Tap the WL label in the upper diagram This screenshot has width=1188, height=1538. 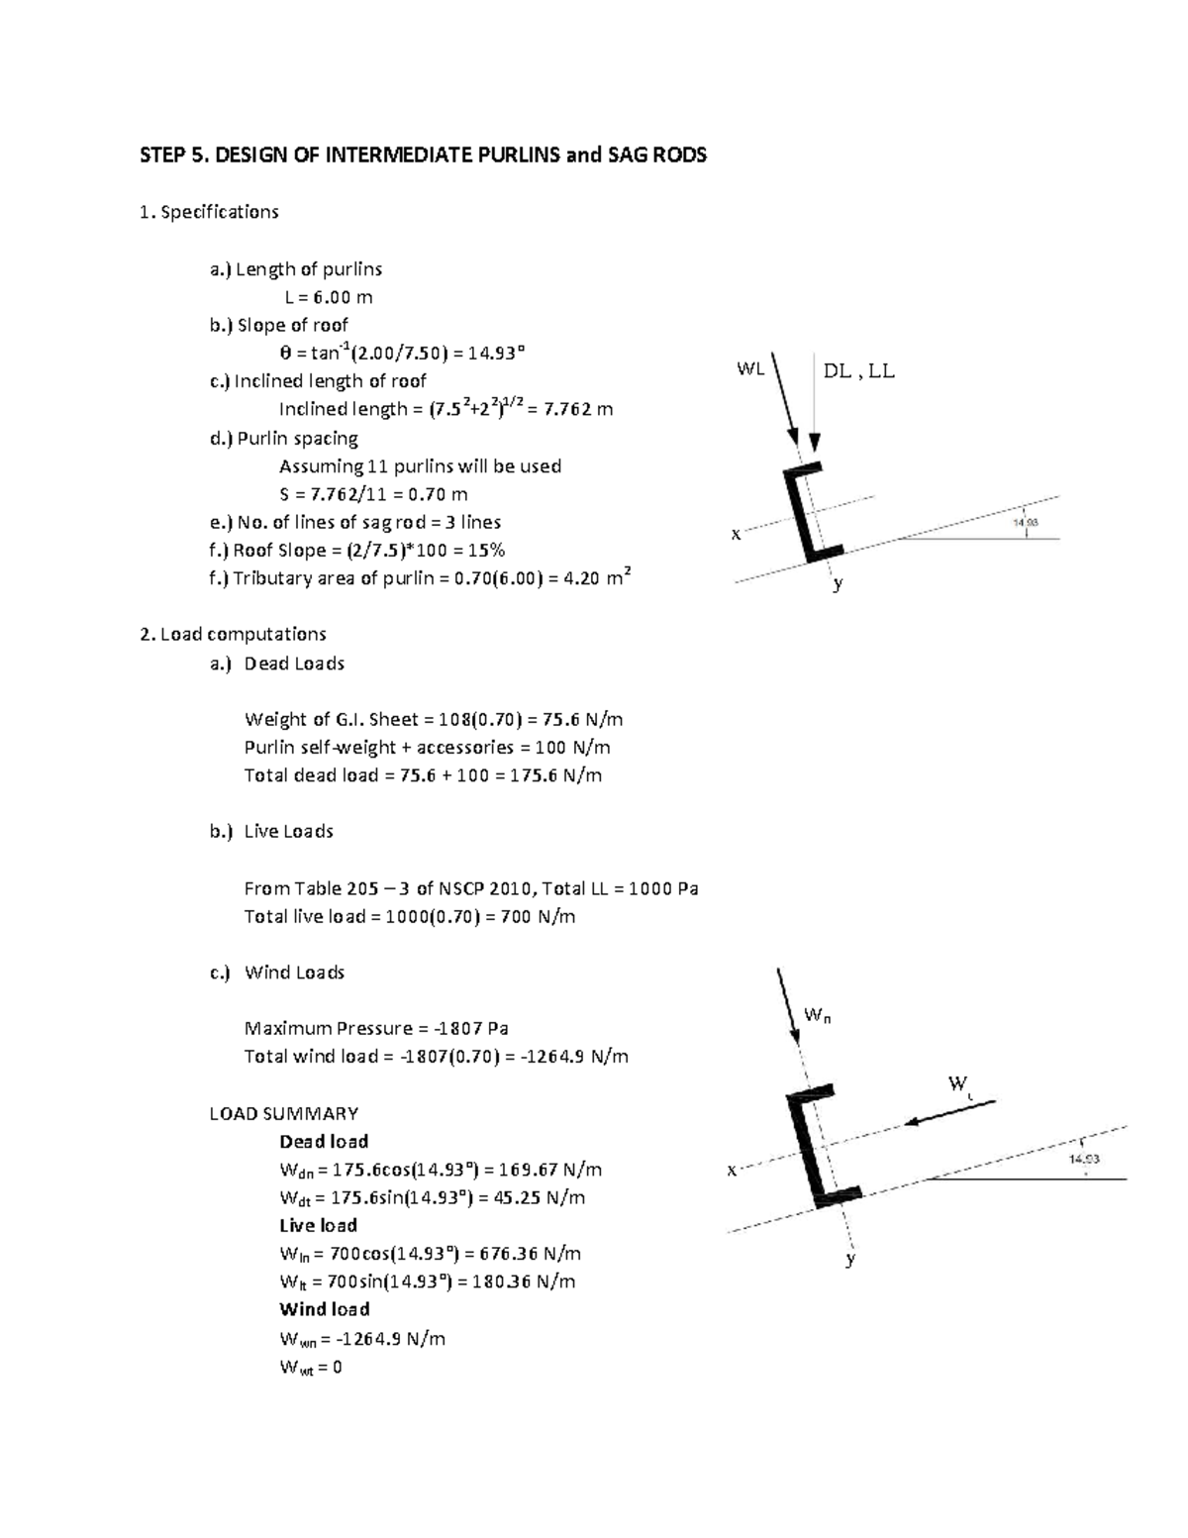pyautogui.click(x=750, y=369)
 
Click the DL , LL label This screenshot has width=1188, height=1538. pyautogui.click(x=858, y=371)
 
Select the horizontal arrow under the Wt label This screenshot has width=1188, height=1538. pyautogui.click(x=949, y=1111)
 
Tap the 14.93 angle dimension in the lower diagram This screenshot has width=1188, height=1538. pyautogui.click(x=1084, y=1159)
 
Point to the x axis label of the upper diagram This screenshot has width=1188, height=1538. pyautogui.click(x=736, y=535)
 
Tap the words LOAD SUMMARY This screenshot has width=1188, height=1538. pyautogui.click(x=284, y=1113)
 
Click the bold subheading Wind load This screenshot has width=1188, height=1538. pyautogui.click(x=324, y=1309)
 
